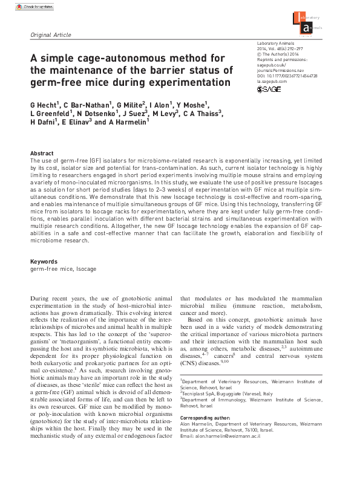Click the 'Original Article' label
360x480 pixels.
(x=51, y=35)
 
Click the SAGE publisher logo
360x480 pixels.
(x=269, y=89)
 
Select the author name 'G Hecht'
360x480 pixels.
(x=45, y=103)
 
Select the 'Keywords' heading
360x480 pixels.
(x=44, y=261)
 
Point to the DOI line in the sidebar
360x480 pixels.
(x=287, y=75)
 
